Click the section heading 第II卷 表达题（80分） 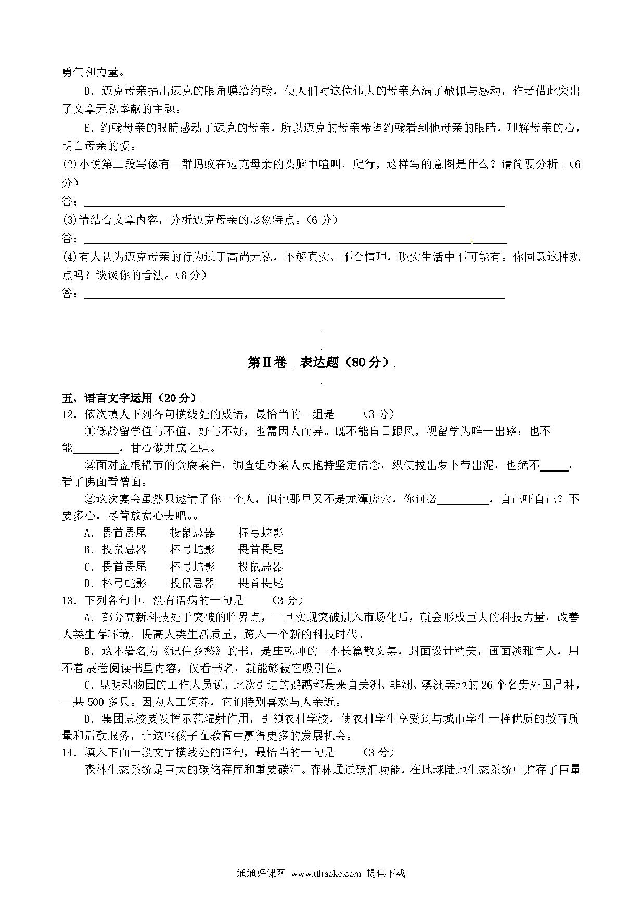coord(318,363)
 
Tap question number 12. coord(69,414)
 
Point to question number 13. coord(69,600)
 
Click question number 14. coord(69,752)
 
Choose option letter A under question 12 coord(88,533)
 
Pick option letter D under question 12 coord(88,583)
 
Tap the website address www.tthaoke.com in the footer coord(326,874)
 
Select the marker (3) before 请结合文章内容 coord(69,220)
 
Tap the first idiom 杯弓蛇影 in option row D coord(124,583)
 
